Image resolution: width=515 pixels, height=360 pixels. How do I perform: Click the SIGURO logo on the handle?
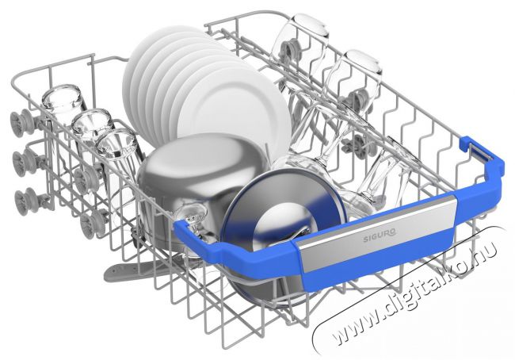[x=380, y=237]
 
